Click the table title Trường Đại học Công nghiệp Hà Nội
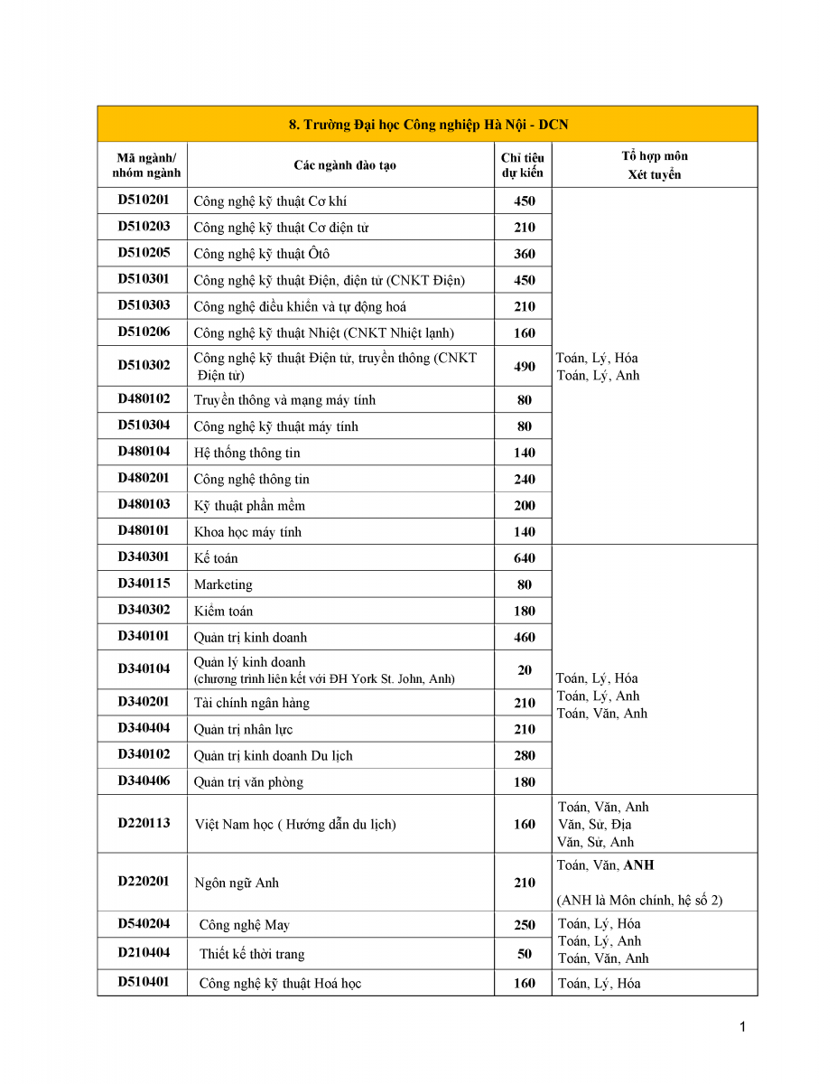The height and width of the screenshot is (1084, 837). (428, 125)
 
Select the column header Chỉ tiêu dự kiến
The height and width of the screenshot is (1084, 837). (523, 165)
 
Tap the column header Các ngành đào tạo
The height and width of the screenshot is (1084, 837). (344, 165)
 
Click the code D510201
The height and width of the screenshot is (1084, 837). (144, 201)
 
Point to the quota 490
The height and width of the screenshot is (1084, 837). (525, 365)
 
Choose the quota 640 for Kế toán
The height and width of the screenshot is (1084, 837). (525, 558)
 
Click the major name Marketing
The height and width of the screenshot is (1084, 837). (223, 584)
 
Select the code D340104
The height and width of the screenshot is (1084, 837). (144, 669)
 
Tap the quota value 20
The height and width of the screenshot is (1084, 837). (525, 669)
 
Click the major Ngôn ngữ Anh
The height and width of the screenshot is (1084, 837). (237, 883)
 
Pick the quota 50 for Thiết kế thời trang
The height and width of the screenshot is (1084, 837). (525, 954)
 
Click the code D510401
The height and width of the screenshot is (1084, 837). (144, 983)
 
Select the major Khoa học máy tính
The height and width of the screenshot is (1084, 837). (247, 532)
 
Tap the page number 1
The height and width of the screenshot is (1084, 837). (742, 1027)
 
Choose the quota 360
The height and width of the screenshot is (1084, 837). (525, 254)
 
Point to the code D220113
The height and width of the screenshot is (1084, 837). (144, 824)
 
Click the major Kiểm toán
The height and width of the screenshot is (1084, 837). (223, 611)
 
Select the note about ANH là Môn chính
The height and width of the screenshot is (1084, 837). (639, 901)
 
